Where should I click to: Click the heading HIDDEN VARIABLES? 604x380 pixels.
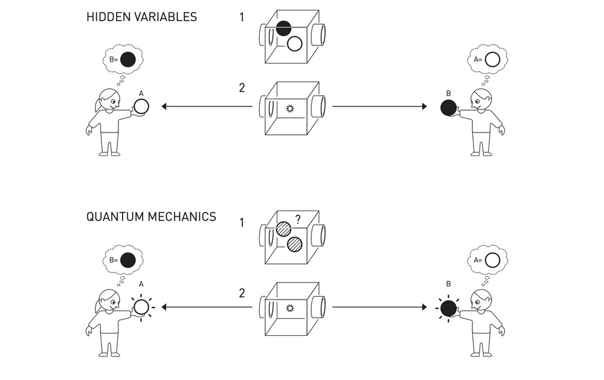pos(141,17)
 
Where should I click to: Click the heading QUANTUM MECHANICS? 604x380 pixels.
pos(151,217)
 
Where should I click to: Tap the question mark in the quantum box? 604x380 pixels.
pos(298,220)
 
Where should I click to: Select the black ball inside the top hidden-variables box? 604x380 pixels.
pos(284,28)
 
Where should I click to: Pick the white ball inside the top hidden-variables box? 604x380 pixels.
pos(295,44)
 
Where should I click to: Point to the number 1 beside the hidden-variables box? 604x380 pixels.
pos(242,18)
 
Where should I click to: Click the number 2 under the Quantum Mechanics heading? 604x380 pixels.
pos(242,293)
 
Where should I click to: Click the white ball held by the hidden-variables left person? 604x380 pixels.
pos(141,107)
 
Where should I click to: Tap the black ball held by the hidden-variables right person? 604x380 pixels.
pos(448,108)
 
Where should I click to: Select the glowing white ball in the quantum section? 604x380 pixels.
pos(141,307)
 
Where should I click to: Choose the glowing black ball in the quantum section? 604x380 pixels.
pos(448,309)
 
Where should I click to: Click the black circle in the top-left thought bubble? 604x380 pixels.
pos(127,59)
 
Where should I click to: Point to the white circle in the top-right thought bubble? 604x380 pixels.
pos(492,59)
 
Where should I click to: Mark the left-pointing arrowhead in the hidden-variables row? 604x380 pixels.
pos(164,107)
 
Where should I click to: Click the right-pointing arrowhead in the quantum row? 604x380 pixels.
pos(424,307)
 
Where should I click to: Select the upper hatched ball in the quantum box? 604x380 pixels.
pos(284,229)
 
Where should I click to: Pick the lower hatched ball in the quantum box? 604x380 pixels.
pos(295,244)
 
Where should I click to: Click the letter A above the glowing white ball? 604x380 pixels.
pos(141,283)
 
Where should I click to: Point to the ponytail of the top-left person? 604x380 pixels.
pos(98,104)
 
